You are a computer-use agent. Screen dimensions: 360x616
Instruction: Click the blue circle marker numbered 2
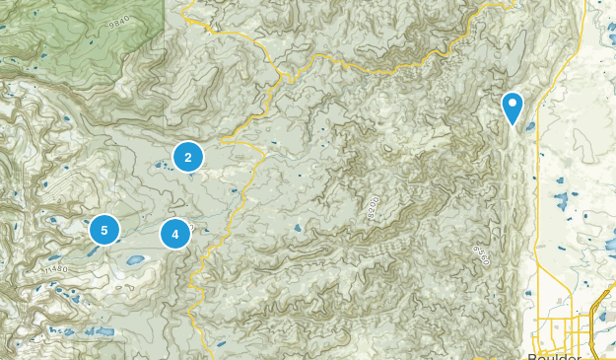point(188,156)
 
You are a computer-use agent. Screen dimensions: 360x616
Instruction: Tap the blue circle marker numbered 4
point(175,234)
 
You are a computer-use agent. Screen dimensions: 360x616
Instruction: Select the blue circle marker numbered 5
point(103,230)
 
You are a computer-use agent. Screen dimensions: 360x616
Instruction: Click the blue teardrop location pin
point(513,106)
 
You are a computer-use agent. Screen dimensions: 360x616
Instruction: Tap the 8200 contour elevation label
point(370,208)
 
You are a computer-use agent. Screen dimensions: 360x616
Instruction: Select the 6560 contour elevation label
point(482,254)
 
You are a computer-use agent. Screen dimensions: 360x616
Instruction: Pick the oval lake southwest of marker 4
point(135,260)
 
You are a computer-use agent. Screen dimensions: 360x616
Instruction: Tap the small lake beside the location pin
point(530,126)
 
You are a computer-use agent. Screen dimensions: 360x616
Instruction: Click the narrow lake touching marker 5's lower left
point(91,250)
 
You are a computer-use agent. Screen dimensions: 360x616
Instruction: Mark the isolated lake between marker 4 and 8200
point(297,228)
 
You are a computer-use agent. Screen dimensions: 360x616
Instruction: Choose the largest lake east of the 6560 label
point(561,202)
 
